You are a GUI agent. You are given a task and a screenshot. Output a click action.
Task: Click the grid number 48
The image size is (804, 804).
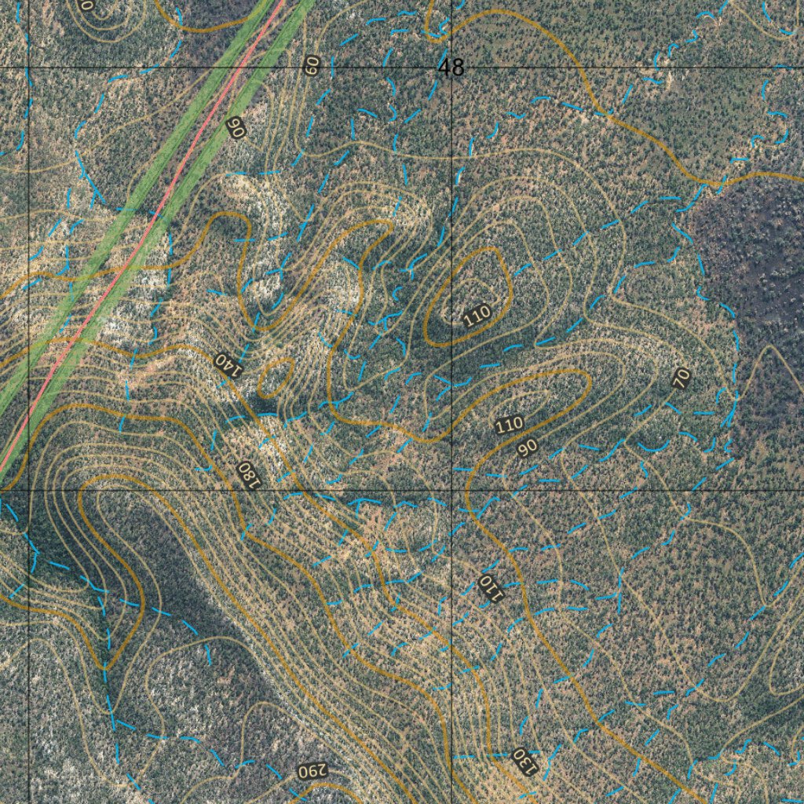451,68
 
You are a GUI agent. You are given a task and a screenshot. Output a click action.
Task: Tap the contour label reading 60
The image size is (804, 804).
312,64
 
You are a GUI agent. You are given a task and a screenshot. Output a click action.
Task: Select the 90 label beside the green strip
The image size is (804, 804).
234,127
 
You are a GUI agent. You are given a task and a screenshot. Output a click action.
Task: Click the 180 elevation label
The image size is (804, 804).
247,473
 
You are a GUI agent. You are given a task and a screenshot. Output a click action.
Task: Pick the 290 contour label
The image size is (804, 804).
310,771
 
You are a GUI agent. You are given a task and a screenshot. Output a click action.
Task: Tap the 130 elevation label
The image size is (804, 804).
524,759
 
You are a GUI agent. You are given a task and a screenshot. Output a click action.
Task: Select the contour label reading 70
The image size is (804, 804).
682,378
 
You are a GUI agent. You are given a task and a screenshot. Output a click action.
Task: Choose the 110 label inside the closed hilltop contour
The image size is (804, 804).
476,316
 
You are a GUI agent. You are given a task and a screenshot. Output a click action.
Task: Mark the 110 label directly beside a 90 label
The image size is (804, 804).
509,425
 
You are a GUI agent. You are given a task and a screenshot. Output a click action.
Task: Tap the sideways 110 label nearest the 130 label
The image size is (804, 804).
488,585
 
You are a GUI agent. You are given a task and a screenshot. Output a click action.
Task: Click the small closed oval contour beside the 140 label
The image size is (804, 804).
274,378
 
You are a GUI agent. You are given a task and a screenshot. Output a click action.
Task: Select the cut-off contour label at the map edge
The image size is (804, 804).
86,5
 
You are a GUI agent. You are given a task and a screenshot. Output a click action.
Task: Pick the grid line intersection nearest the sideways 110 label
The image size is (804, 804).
451,491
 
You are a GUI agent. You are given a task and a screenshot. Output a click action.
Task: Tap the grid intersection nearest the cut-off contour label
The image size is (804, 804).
29,68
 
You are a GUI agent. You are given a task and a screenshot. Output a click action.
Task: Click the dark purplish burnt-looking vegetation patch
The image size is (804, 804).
754,259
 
